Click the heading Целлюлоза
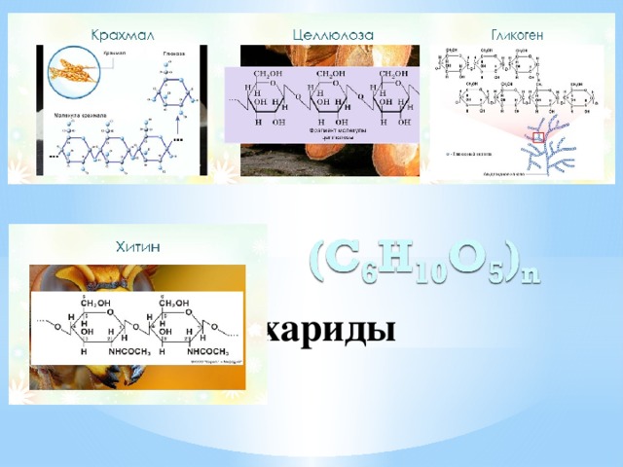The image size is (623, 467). [x=332, y=34]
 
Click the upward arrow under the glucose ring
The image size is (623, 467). [x=179, y=119]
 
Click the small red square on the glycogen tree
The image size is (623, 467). [x=538, y=138]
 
